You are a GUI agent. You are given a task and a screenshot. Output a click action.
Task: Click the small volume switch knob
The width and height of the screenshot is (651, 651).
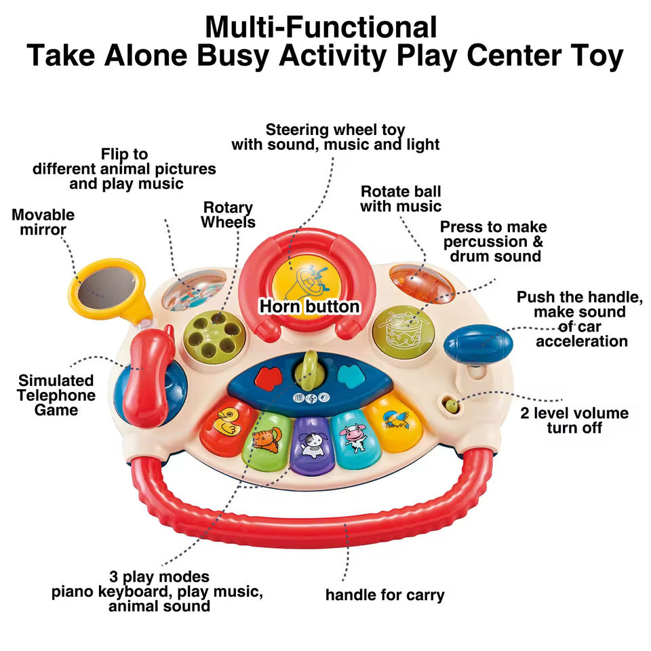click(451, 406)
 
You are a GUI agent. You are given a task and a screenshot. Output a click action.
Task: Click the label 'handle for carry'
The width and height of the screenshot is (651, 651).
click(384, 595)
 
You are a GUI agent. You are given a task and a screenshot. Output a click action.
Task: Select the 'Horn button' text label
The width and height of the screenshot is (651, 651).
click(309, 307)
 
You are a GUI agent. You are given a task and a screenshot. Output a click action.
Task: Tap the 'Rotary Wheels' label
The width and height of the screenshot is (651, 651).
click(229, 214)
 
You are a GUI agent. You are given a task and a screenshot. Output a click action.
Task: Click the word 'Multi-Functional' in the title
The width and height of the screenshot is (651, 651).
click(321, 27)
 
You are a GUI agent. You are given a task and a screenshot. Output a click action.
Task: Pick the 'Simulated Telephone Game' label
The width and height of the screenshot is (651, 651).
click(57, 395)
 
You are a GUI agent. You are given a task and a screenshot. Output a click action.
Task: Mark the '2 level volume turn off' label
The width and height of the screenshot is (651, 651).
click(574, 420)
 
